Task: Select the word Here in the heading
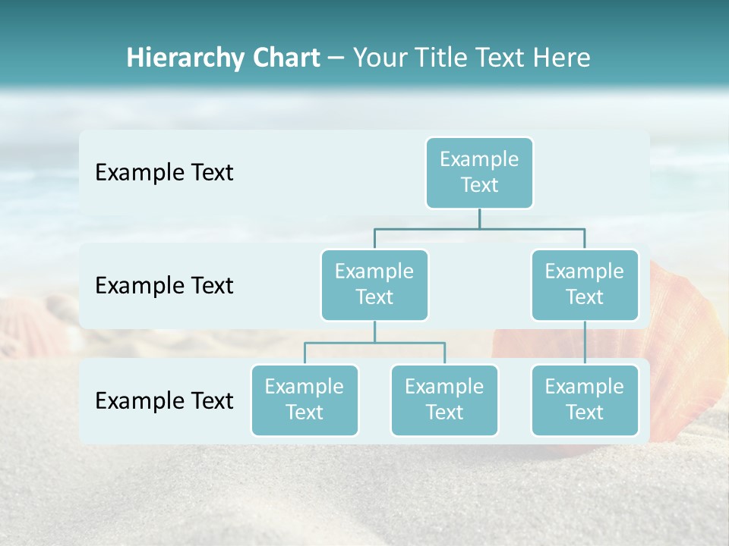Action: [x=561, y=58]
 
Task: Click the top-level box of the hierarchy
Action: [x=479, y=172]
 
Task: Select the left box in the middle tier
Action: [x=374, y=284]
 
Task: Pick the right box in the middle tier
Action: [x=585, y=284]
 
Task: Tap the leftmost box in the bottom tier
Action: [x=305, y=400]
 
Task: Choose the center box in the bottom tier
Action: [x=444, y=400]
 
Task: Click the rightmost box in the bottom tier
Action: [x=585, y=400]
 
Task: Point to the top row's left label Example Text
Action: [x=164, y=173]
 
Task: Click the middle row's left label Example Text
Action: [x=164, y=286]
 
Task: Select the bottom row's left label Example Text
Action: [x=164, y=400]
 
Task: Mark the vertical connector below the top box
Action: [x=479, y=218]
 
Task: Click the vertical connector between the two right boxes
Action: [x=585, y=343]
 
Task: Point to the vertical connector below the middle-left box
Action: [x=374, y=331]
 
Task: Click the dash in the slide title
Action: [x=336, y=58]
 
